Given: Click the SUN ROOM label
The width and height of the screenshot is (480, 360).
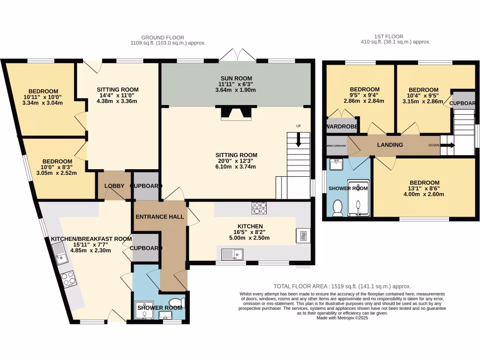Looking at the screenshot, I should (x=236, y=78).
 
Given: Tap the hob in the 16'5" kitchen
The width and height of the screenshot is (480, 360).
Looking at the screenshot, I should (x=259, y=208).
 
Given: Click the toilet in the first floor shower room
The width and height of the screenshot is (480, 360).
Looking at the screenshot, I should (x=337, y=208).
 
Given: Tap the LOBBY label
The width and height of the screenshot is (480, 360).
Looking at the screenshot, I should (x=114, y=186).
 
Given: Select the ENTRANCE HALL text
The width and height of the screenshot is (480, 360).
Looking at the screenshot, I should (x=159, y=217).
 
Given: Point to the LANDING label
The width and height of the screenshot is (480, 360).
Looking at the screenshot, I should (x=390, y=145).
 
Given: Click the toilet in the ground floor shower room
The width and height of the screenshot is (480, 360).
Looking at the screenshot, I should (x=176, y=302).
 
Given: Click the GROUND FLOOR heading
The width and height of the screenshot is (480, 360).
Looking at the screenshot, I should (x=163, y=37).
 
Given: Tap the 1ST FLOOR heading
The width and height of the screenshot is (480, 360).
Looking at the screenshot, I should (x=389, y=36).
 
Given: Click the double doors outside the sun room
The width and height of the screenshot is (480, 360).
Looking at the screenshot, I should (x=237, y=55).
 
